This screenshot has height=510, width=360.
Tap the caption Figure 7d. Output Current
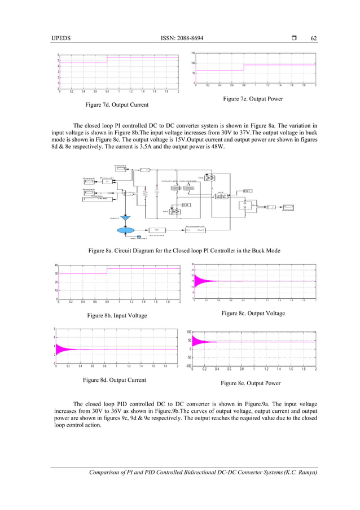pos(116,105)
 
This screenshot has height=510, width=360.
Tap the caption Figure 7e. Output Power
pos(252,99)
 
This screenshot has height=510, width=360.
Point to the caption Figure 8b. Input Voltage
pos(115,316)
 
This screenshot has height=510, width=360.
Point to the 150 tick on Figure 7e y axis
pos(192,53)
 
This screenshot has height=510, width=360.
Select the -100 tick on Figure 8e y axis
pos(188,366)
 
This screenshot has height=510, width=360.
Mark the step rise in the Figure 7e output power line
pos(244,67)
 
